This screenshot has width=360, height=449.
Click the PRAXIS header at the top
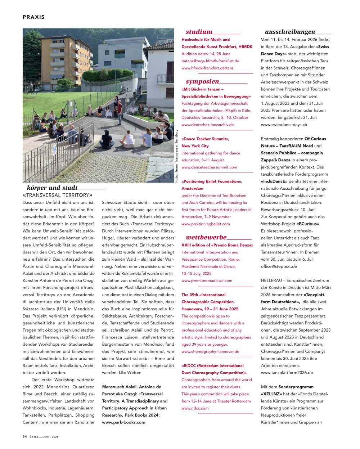coord(33,17)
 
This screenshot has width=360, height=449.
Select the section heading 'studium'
coord(199,32)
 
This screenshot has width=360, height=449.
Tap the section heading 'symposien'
coord(202,81)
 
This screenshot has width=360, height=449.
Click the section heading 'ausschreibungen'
coord(290,32)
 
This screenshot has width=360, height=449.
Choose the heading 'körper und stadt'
coord(52,188)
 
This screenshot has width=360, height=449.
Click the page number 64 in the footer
coord(24,436)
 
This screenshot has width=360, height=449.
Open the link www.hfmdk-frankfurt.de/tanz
coord(207,68)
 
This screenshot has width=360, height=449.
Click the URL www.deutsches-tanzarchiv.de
coord(207,125)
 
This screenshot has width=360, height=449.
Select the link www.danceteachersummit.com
coord(209,167)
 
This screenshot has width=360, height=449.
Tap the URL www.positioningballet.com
coord(206,224)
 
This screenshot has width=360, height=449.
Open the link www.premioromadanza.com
coord(207,280)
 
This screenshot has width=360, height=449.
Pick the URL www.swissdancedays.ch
coord(284,125)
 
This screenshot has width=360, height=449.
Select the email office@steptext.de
coord(279,266)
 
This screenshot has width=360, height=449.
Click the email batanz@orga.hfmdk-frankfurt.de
coord(210,61)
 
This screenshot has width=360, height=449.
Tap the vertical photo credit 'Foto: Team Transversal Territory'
coord(177,156)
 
